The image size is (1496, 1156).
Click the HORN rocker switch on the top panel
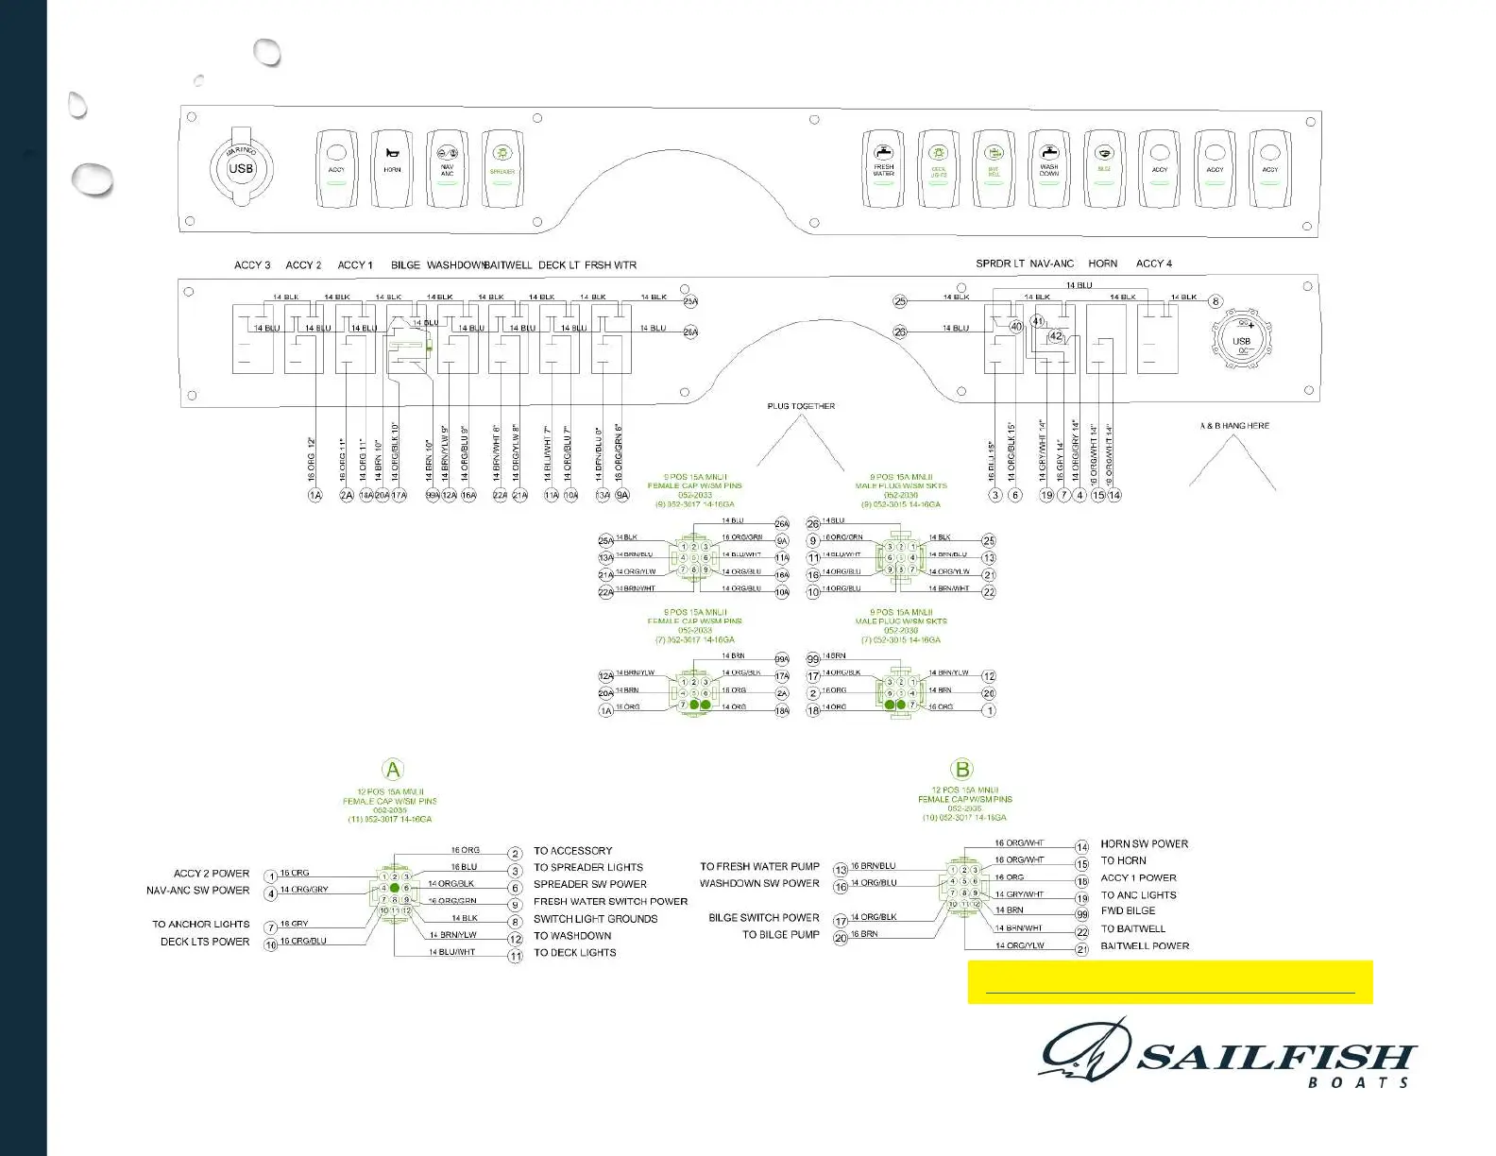pyautogui.click(x=392, y=169)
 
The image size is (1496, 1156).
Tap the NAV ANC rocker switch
pyautogui.click(x=447, y=169)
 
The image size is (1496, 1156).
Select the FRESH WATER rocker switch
pyautogui.click(x=883, y=169)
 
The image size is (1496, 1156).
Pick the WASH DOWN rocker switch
pyautogui.click(x=1048, y=169)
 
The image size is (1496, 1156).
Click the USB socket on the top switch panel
pyautogui.click(x=241, y=169)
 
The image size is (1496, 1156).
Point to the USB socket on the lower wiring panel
pyautogui.click(x=1241, y=340)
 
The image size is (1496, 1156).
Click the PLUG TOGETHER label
pyautogui.click(x=801, y=406)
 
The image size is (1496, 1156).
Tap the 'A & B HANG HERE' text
pyautogui.click(x=1234, y=426)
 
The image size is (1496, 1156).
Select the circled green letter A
pyautogui.click(x=393, y=770)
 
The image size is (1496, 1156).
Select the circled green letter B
pyautogui.click(x=961, y=770)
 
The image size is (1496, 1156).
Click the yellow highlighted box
pyautogui.click(x=1169, y=982)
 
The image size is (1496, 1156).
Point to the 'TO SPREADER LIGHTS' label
pyautogui.click(x=588, y=867)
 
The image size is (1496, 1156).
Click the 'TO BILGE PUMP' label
pyautogui.click(x=780, y=935)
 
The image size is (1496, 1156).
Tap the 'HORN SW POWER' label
pyautogui.click(x=1144, y=843)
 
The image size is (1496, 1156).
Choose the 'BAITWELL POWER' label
pyautogui.click(x=1145, y=945)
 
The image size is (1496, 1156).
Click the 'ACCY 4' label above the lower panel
pyautogui.click(x=1153, y=263)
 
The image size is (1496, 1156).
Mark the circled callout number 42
pyautogui.click(x=1056, y=336)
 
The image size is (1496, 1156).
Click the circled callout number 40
pyautogui.click(x=1016, y=327)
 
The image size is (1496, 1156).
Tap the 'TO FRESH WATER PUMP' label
pyautogui.click(x=759, y=866)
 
